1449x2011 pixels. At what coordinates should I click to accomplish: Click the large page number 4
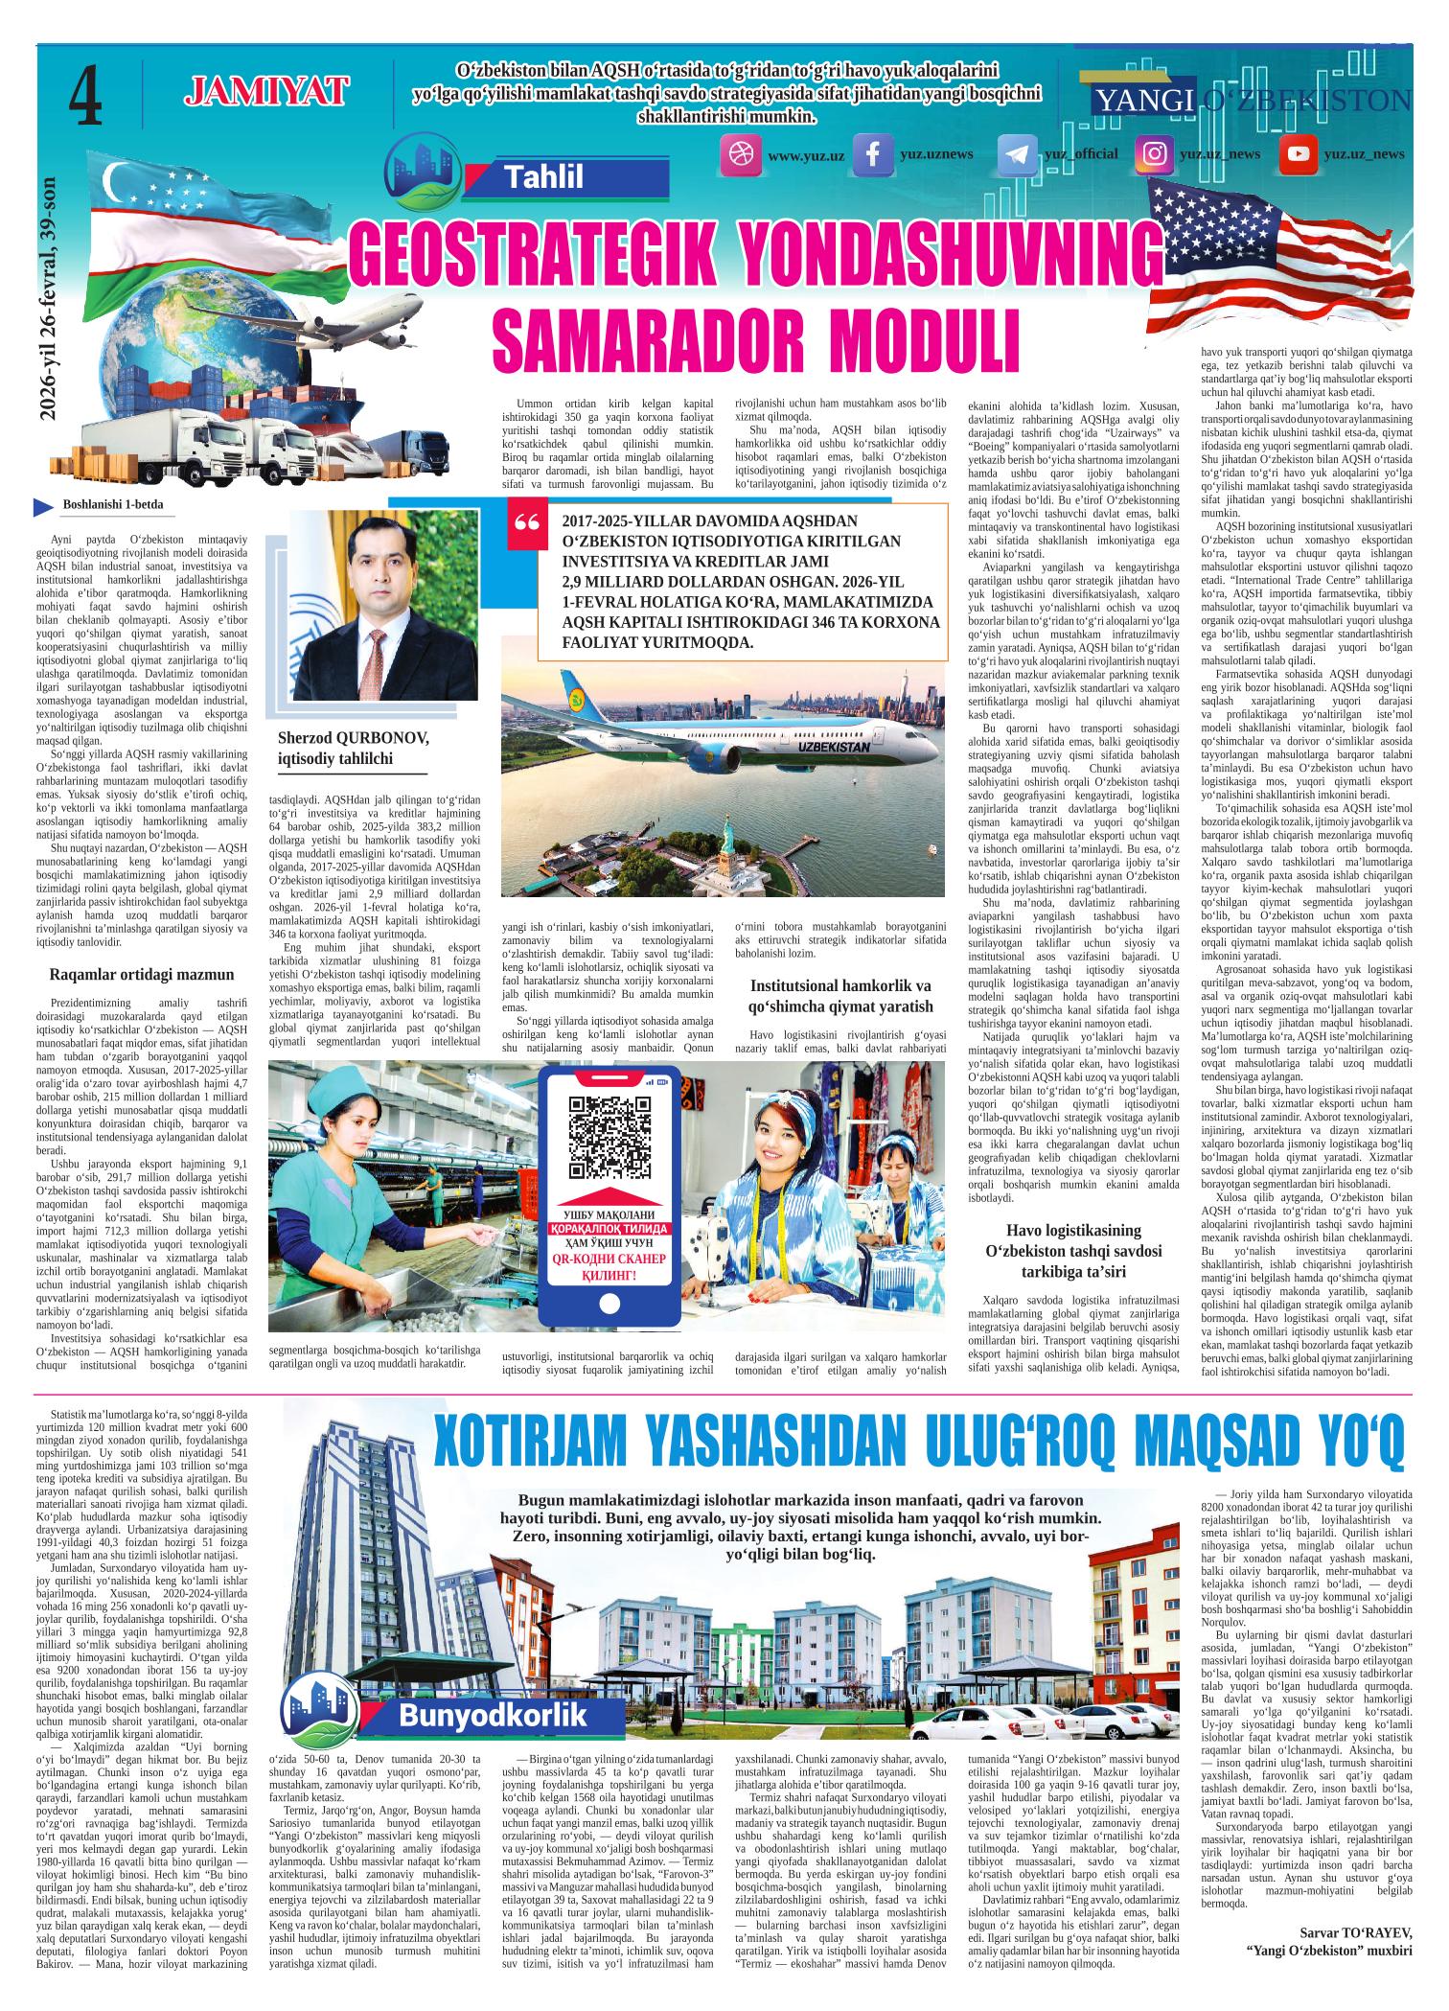point(85,98)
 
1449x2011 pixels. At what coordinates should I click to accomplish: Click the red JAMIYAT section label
point(265,93)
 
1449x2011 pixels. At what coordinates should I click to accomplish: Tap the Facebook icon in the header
point(873,155)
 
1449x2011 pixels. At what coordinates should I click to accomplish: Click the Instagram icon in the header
point(1155,154)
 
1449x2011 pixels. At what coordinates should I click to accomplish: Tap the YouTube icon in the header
point(1299,154)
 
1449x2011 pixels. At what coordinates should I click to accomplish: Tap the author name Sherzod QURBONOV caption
point(353,738)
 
